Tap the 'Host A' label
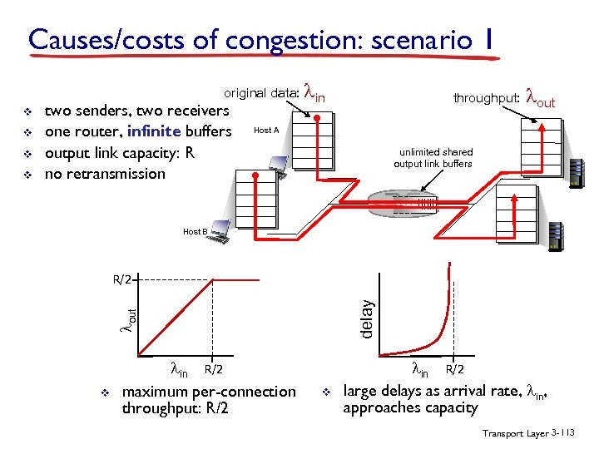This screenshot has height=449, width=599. tap(266, 131)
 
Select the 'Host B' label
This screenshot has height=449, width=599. tap(195, 231)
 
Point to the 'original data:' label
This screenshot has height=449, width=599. tap(261, 94)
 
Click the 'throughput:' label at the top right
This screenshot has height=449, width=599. tap(487, 98)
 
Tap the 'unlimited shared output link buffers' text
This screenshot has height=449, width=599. tap(435, 158)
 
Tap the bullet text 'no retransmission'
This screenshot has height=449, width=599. tap(105, 174)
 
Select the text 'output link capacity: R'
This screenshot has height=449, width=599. tap(120, 153)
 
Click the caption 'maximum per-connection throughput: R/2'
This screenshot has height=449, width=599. tap(208, 399)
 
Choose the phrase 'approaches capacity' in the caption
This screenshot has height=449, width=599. tap(410, 407)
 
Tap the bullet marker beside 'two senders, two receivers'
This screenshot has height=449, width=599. tap(27, 111)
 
